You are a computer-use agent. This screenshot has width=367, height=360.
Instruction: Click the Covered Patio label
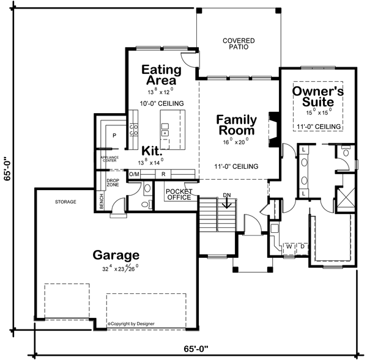pos(239,43)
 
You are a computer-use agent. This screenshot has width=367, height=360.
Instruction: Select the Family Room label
pos(235,125)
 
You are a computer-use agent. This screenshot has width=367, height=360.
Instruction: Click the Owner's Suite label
pos(317,96)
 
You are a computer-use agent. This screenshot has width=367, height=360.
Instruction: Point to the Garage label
pos(116,255)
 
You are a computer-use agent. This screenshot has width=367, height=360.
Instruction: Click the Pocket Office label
pos(179,194)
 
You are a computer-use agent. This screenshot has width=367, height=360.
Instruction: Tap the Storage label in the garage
pos(65,201)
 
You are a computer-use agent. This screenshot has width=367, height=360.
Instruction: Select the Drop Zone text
pos(113,183)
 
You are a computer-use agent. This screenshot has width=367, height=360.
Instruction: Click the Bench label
pos(102,200)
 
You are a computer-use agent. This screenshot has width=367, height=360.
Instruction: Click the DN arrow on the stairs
pos(227,202)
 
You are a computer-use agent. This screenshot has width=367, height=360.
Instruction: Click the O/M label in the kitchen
pos(134,174)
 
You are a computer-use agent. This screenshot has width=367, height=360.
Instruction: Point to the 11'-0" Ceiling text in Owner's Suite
pos(318,127)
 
